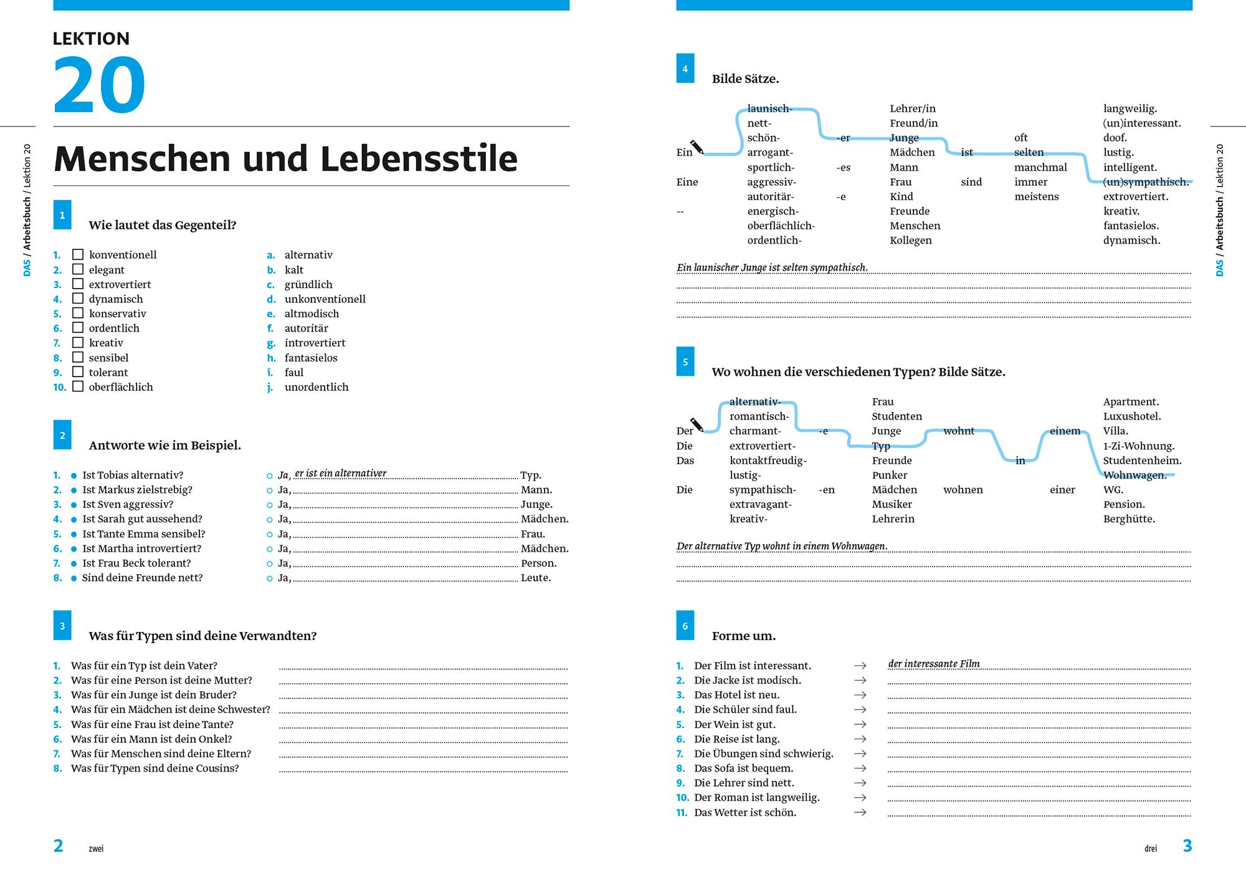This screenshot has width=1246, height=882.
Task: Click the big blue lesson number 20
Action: [99, 85]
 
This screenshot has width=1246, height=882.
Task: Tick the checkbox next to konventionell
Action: [78, 254]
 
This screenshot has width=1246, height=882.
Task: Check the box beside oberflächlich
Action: [78, 386]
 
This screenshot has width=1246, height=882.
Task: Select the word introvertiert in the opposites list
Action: [315, 343]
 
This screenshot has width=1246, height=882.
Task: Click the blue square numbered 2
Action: [62, 435]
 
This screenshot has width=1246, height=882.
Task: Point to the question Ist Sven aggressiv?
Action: [128, 504]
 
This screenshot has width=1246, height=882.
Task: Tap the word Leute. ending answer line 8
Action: [536, 578]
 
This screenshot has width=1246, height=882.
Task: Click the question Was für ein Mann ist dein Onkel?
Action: [151, 739]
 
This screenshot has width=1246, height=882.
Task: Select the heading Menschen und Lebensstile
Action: [286, 158]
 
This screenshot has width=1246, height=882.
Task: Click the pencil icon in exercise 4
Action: [697, 147]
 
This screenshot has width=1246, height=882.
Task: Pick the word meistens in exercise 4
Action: [1037, 196]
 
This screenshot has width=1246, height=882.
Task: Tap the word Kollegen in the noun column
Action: [911, 241]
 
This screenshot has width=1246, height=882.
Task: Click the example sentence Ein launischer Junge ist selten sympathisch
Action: [772, 267]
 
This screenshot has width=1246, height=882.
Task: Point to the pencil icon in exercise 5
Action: [697, 425]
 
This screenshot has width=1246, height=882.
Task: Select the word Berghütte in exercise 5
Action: [1129, 519]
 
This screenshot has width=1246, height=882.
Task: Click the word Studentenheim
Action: [1142, 461]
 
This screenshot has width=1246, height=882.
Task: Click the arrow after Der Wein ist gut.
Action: [860, 724]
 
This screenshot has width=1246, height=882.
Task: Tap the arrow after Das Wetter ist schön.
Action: [860, 812]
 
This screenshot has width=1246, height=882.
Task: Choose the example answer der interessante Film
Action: [934, 664]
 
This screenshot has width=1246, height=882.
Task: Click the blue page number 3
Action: [1187, 846]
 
